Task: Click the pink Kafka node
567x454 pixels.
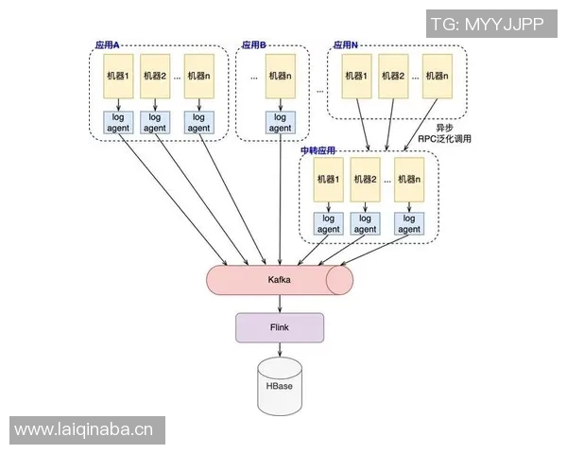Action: [x=279, y=281]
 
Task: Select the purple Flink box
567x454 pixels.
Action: [x=279, y=327]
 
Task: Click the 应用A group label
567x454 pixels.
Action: [x=113, y=44]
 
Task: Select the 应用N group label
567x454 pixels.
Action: [x=346, y=44]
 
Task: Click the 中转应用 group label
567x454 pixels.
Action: [x=318, y=151]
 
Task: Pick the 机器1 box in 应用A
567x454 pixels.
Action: [x=119, y=77]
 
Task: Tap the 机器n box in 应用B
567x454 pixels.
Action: [x=280, y=77]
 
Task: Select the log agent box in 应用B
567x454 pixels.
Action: [x=280, y=123]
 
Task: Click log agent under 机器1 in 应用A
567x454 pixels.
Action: [x=119, y=123]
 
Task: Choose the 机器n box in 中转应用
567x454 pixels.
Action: [x=406, y=179]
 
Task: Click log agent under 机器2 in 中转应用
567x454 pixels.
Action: [x=366, y=223]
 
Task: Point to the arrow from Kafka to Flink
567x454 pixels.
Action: [x=279, y=304]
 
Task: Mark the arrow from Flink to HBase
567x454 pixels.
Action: [x=279, y=350]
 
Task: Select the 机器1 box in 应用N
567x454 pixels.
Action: [x=356, y=77]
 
